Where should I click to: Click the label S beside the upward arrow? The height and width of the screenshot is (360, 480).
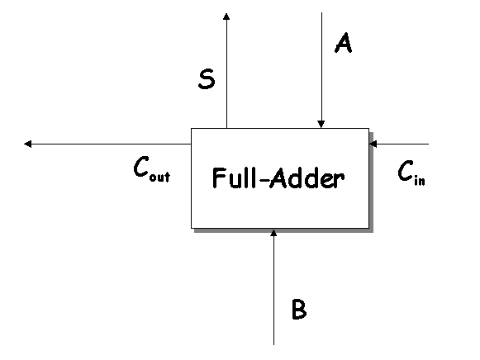coord(207,79)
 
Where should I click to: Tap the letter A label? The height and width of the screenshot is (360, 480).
coord(343,43)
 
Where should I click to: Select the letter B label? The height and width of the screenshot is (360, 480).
coord(299,310)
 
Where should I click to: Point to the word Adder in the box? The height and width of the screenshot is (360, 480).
coord(307,178)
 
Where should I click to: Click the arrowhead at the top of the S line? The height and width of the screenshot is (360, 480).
coord(226,17)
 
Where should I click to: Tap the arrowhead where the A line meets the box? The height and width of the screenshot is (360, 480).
coord(321,124)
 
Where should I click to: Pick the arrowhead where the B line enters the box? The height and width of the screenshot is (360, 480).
coord(273,233)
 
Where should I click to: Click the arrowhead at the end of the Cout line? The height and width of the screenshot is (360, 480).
coord(28,144)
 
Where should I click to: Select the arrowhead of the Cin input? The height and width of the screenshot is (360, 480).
coord(373,144)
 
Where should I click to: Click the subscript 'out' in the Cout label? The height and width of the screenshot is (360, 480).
coord(159,177)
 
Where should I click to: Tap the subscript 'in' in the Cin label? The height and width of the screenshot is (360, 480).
coord(420,181)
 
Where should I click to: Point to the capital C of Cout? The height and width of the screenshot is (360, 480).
coord(141,166)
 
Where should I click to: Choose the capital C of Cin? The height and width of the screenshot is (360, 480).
coord(406,170)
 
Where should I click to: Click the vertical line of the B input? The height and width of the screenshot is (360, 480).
coord(273,287)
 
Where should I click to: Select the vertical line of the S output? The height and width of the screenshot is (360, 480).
coord(226,71)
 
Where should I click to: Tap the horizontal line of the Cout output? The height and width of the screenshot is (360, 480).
coord(107,144)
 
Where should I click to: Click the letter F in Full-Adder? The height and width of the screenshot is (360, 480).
coord(218,178)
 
